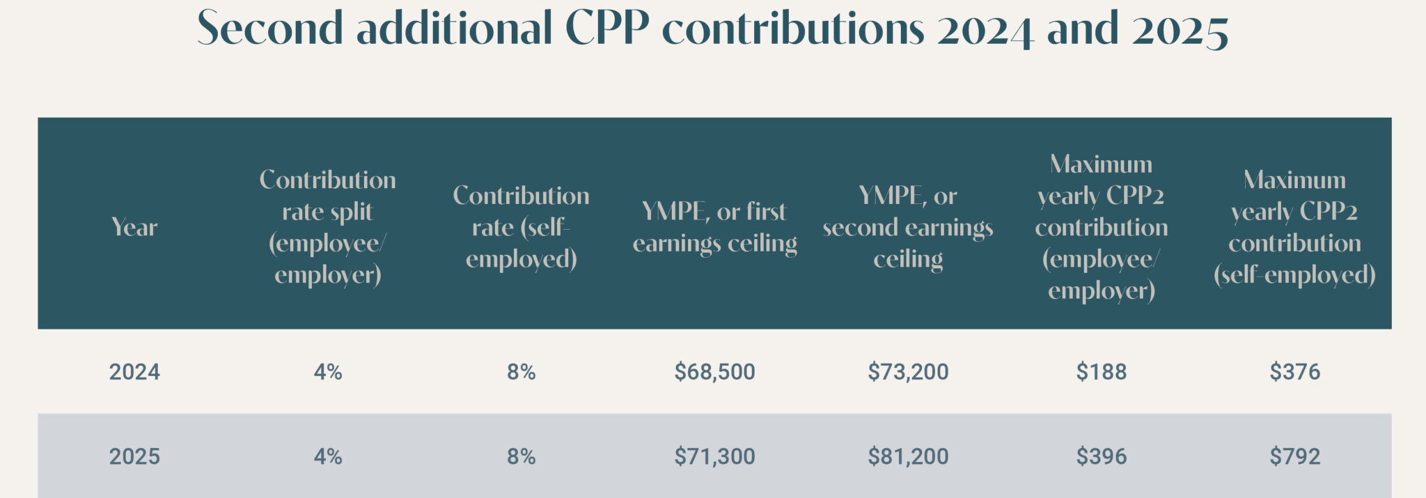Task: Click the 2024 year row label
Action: tap(134, 372)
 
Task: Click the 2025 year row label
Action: tap(134, 457)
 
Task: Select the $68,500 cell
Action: tap(714, 372)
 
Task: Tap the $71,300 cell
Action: tap(714, 457)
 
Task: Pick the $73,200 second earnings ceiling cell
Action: tap(908, 372)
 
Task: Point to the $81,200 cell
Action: tap(908, 457)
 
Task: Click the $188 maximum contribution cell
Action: tap(1101, 372)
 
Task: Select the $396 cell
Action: tap(1101, 457)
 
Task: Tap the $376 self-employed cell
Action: tap(1294, 372)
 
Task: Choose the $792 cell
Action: tap(1294, 457)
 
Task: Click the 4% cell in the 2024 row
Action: tap(328, 372)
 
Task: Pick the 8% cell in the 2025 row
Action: tap(521, 457)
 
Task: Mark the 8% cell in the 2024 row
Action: tap(521, 372)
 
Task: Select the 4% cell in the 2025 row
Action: tap(328, 457)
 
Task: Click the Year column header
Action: tap(134, 227)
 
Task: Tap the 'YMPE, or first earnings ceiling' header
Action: tap(714, 227)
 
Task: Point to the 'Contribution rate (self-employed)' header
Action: tap(521, 227)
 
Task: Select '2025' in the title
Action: tap(1180, 29)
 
